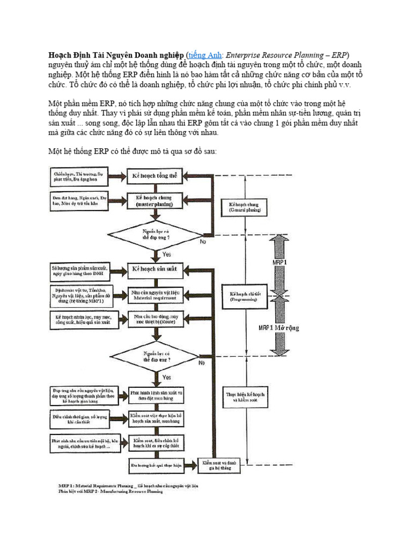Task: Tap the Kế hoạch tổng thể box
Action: [x=155, y=176]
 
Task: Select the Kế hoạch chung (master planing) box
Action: [x=155, y=201]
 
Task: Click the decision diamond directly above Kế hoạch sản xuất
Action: [x=155, y=234]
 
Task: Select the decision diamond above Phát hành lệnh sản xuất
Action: [x=155, y=356]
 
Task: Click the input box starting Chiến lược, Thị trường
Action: [x=78, y=177]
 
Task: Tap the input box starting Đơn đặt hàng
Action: [x=78, y=201]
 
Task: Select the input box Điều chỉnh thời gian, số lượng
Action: [x=78, y=418]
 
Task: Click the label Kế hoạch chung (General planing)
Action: [x=245, y=208]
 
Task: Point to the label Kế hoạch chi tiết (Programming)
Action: [x=245, y=297]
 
